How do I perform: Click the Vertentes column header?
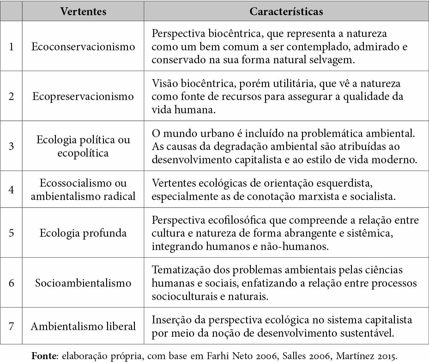pyautogui.click(x=83, y=12)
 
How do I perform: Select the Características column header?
pyautogui.click(x=286, y=12)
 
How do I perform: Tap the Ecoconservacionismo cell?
pyautogui.click(x=83, y=47)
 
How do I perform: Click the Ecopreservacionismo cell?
pyautogui.click(x=83, y=96)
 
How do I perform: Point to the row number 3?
pyautogui.click(x=11, y=146)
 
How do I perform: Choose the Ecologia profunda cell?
pyautogui.click(x=83, y=233)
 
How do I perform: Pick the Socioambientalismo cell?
pyautogui.click(x=83, y=283)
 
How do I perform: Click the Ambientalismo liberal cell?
pyautogui.click(x=83, y=326)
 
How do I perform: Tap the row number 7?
pyautogui.click(x=11, y=326)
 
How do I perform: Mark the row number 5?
pyautogui.click(x=11, y=233)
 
